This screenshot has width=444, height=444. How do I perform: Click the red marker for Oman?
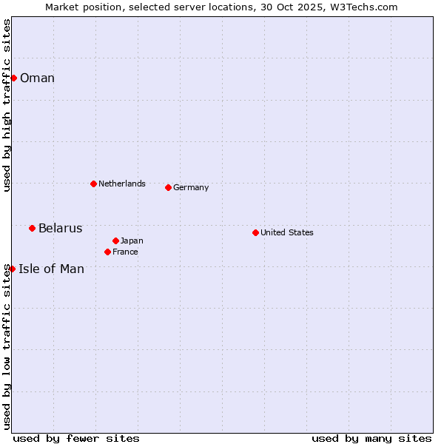coord(13,78)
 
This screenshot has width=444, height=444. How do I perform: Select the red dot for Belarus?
coord(32,228)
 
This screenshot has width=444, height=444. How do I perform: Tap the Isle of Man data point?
coord(12,269)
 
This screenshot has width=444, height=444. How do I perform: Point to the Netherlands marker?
coord(93,184)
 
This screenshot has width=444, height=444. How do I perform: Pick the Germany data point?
coord(168,187)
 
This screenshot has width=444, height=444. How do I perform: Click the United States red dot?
coord(255,232)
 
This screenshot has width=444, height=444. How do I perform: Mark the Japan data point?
coord(115,240)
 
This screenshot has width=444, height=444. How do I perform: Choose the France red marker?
coord(107,252)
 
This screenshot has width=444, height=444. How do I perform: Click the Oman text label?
coord(37,78)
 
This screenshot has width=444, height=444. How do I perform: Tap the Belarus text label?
coord(60,228)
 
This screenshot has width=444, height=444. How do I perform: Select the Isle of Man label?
coord(51,269)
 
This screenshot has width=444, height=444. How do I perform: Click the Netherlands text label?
coord(121,184)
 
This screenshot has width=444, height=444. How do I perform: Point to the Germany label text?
coord(191,188)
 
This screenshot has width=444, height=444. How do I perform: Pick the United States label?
coord(286,232)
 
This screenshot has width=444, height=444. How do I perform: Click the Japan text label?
coord(132,241)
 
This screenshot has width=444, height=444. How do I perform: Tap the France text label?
coord(125,252)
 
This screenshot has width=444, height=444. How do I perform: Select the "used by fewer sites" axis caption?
coord(76,438)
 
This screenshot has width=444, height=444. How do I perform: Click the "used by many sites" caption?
coord(371,438)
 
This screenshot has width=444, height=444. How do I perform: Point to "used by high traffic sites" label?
coord(7,105)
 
